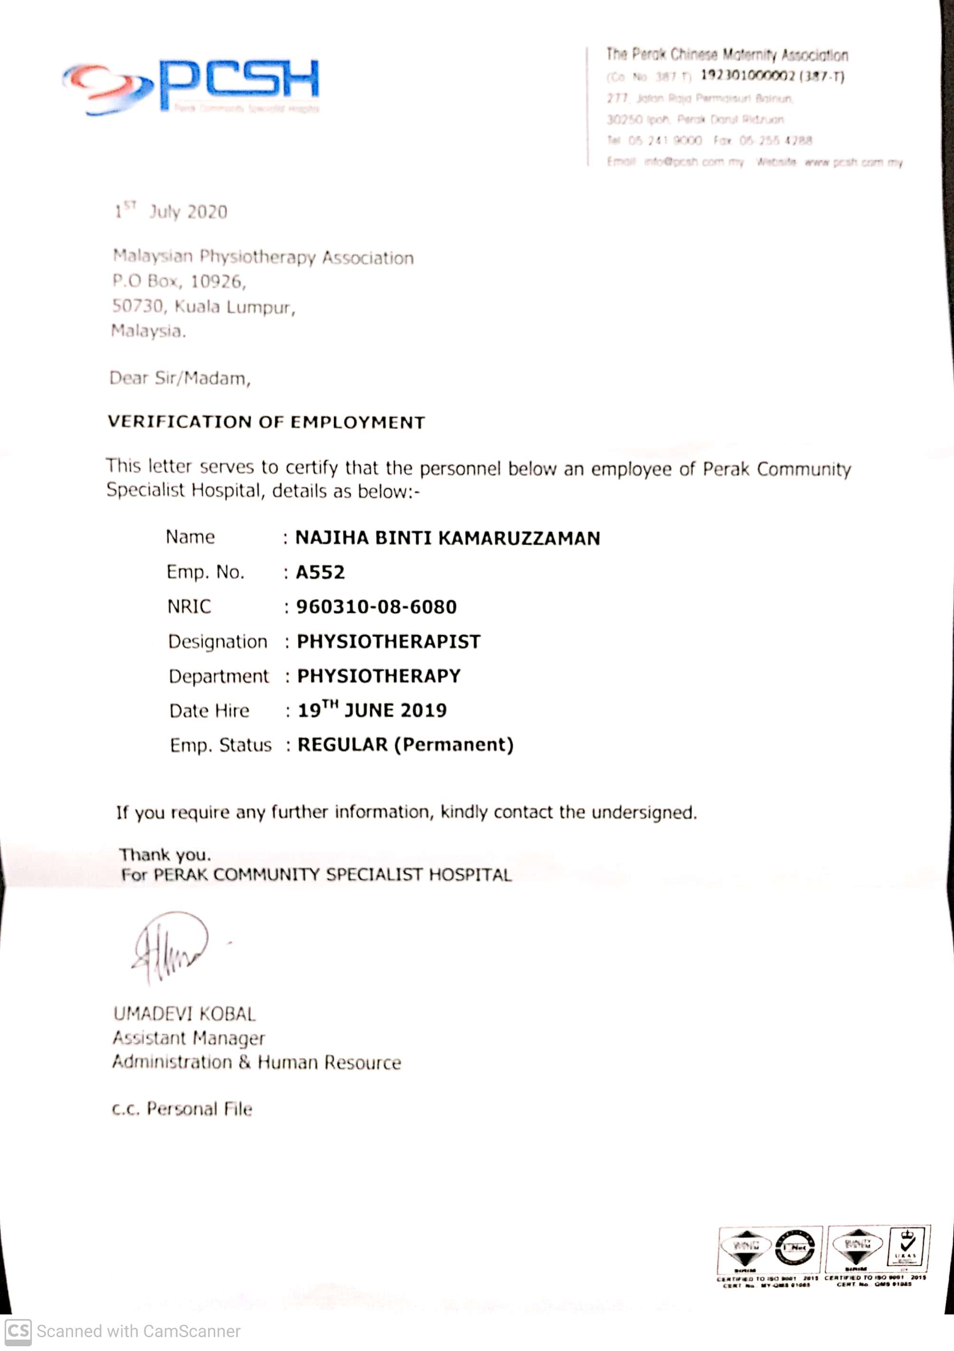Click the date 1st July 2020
171,211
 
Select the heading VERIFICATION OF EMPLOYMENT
266,422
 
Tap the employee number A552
320,572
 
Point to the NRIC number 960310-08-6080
376,607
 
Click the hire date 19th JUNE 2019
372,709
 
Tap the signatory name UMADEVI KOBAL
184,1014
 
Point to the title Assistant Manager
188,1038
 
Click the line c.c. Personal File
182,1108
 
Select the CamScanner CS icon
18,1331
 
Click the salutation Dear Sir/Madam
180,378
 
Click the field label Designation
217,642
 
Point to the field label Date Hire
209,711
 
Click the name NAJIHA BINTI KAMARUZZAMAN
447,538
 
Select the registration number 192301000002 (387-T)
772,76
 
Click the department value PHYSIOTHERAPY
379,675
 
